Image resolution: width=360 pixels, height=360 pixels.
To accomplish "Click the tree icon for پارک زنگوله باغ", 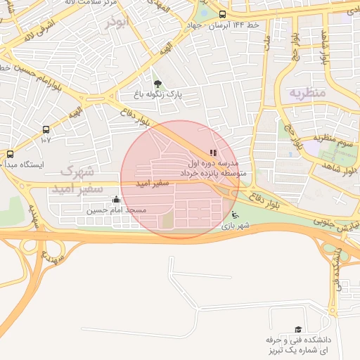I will (157, 84).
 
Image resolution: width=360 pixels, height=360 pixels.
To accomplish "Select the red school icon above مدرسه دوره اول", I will (213, 153).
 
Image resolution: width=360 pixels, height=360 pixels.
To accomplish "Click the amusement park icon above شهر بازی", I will (235, 215).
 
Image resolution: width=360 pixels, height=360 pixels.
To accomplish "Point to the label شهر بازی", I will (236, 226).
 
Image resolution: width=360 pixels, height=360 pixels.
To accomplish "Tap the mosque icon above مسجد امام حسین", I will (117, 200).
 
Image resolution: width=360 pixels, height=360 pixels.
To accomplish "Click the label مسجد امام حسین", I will (117, 210).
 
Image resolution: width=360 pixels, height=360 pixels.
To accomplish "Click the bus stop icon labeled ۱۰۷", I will (46, 130).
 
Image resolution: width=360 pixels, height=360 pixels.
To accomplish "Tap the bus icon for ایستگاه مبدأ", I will (10, 154).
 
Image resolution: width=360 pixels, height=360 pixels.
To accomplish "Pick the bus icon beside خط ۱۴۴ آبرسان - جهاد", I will (222, 15).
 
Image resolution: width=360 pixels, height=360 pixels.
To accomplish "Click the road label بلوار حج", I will (290, 131).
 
